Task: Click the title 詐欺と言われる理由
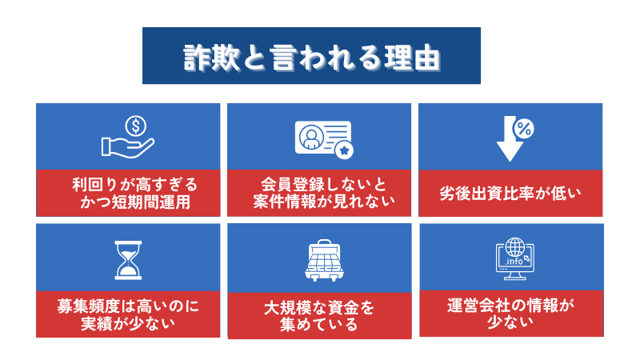point(312,58)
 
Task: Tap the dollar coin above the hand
point(136,126)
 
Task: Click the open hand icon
point(128,147)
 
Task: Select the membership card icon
point(323,138)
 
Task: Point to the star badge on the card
point(344,150)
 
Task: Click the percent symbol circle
point(523,129)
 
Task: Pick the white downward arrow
point(510,138)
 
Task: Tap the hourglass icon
point(128,260)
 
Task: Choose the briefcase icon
point(325,261)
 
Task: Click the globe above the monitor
point(515,247)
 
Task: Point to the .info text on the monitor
point(514,262)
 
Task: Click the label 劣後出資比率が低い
point(510,194)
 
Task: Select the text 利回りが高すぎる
point(135,185)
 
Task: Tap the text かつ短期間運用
point(135,202)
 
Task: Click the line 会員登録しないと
point(323,185)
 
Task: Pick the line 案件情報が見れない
point(324,202)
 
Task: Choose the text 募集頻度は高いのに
point(128,306)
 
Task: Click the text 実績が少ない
point(128,323)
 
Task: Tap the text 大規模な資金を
point(319,308)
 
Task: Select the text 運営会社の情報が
point(510,306)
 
